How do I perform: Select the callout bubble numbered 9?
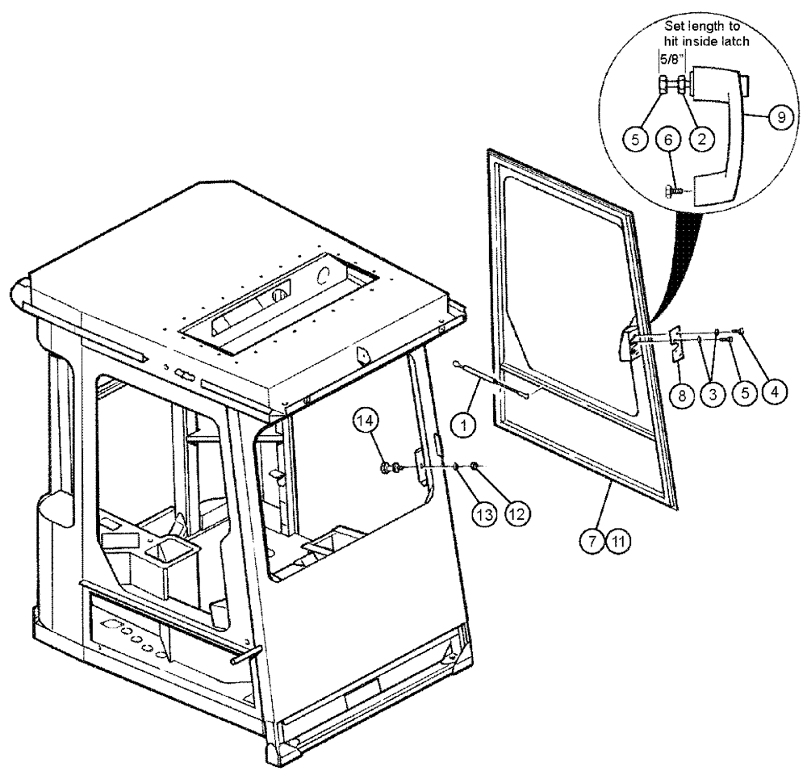point(778,115)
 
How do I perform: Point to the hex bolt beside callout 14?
point(388,467)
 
